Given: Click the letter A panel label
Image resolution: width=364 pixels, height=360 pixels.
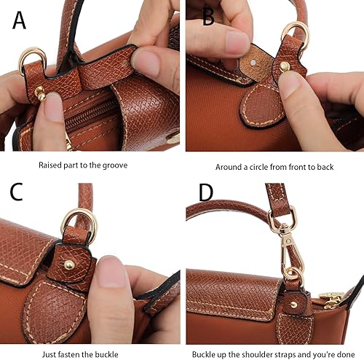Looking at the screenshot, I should click(20, 20).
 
